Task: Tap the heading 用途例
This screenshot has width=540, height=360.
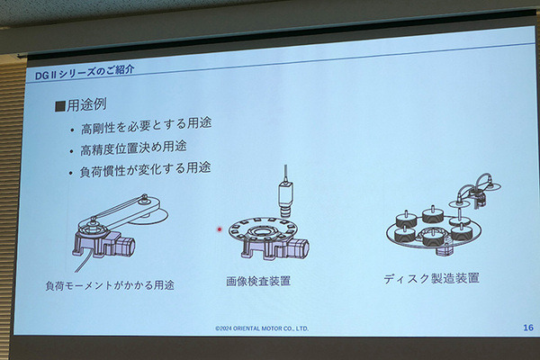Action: pos(86,104)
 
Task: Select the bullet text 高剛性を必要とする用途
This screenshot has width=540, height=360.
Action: pos(146,126)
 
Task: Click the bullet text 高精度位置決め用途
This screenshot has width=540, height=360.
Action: pos(133,148)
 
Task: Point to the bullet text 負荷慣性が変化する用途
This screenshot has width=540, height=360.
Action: pos(145,169)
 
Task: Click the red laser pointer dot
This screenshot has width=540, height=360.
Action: pos(220,229)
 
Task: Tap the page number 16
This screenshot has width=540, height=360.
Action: pos(528,328)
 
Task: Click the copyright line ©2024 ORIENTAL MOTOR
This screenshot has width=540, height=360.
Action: pos(262,328)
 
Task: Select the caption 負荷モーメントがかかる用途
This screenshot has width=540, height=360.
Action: pos(110,285)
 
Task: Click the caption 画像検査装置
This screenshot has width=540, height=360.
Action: pos(258,281)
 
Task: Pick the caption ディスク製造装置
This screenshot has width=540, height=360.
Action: pos(431,278)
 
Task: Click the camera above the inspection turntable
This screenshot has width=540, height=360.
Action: pos(285,198)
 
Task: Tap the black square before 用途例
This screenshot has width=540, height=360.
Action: pos(60,106)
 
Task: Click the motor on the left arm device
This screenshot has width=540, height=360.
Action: pos(126,246)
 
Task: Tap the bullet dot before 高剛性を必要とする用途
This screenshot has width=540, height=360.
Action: pos(72,130)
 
